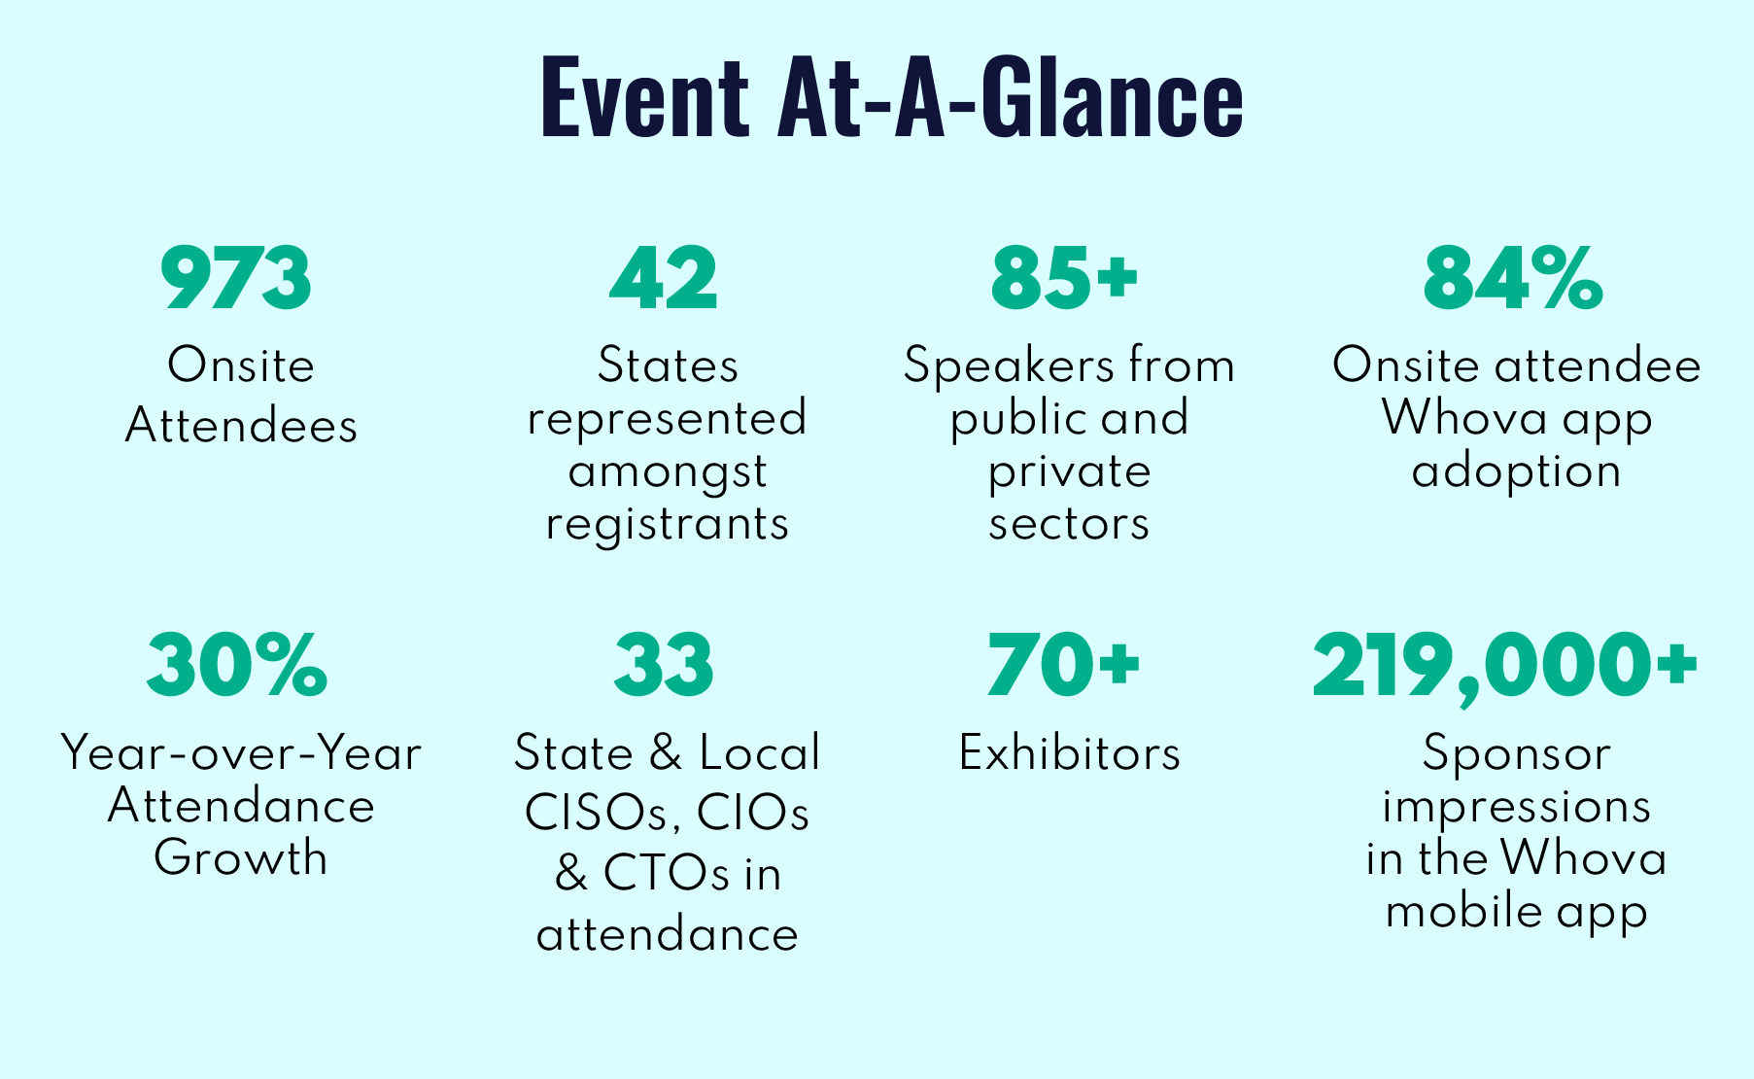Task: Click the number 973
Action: coord(236,279)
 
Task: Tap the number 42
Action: coord(664,279)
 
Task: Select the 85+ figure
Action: coord(1064,279)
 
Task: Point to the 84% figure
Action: coord(1512,279)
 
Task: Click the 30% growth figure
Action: coord(237,666)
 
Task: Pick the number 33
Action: coord(664,666)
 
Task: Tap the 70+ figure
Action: coord(1063,666)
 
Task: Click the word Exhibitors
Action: coord(1069,753)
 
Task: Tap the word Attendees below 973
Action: coord(241,426)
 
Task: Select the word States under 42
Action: coord(668,366)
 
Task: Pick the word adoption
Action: coord(1516,472)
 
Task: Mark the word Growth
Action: coord(240,857)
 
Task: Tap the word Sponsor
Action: coord(1516,754)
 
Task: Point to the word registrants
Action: coord(667,525)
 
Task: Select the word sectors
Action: coord(1069,524)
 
